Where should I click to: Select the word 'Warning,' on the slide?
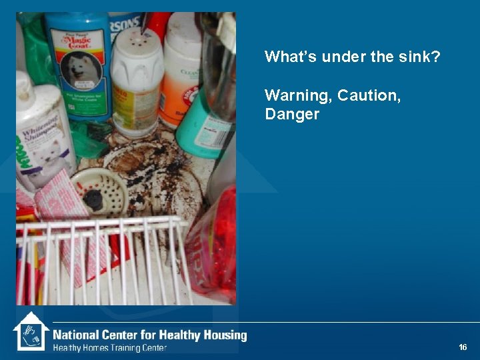pos(297,95)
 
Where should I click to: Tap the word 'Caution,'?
pos(369,95)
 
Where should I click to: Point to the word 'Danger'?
pos(292,115)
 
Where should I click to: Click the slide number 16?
pos(463,347)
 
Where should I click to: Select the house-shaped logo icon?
pos(31,331)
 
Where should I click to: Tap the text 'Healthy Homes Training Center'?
pos(110,347)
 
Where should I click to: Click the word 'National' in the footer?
pos(75,335)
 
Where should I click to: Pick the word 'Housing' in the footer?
pos(224,335)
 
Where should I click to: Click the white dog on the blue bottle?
pos(77,71)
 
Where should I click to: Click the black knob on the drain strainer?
pos(93,198)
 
